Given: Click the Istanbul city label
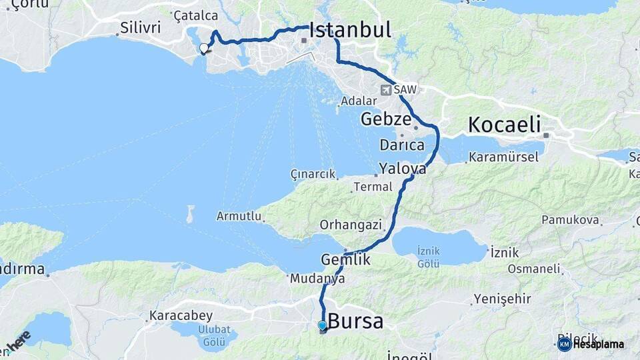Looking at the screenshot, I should tap(350, 30).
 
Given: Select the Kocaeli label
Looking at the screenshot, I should tap(503, 125).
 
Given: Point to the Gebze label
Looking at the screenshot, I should tap(385, 120).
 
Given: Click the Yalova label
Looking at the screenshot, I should tap(403, 168).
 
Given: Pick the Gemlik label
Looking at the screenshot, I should tap(345, 260).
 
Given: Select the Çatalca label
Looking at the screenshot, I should tap(195, 15).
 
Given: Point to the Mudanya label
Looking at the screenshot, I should tap(317, 279).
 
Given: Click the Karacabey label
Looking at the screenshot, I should tap(181, 315).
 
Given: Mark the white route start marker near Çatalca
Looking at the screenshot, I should tap(204, 48).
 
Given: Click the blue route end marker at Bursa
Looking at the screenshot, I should tap(322, 326).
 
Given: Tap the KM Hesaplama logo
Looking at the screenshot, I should tap(591, 344).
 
